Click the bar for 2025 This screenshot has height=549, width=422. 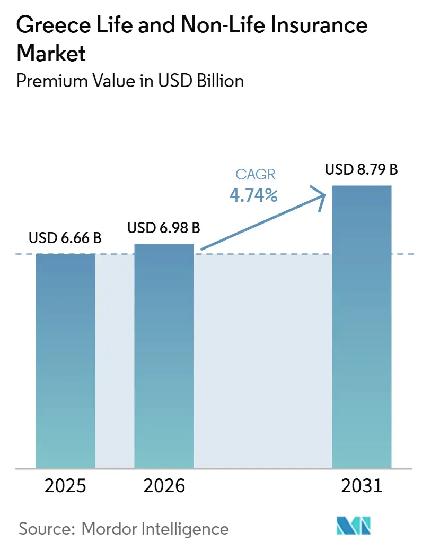pos(65,361)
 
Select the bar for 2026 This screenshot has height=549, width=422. pos(164,356)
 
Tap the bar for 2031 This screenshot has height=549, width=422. pos(362,327)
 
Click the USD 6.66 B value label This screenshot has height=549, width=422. pos(65,238)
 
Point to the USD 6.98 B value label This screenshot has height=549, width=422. pos(164,228)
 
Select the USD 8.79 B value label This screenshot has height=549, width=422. pos(362,169)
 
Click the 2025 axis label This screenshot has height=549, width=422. pos(65,486)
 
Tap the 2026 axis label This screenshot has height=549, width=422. pos(164,486)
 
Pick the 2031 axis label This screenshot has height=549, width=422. pos(362,486)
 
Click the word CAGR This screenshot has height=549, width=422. pos(255,174)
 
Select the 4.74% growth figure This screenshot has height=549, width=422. pos(253,195)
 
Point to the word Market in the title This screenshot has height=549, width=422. pos(51,53)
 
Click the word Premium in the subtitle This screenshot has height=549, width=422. pos(52,81)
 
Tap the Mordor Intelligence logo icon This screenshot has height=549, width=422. pos(354,526)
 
